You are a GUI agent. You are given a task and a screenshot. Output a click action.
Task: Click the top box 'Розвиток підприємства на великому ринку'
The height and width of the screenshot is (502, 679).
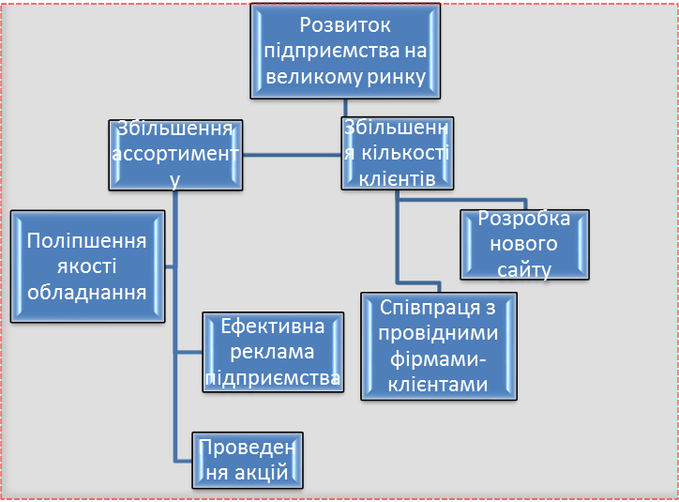(x=346, y=52)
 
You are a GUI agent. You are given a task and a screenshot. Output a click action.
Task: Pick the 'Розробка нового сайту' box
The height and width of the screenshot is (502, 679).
(x=524, y=244)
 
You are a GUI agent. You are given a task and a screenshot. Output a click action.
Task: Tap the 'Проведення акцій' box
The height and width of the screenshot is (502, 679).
(x=249, y=459)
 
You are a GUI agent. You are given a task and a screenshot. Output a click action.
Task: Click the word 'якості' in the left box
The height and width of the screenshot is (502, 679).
(x=87, y=266)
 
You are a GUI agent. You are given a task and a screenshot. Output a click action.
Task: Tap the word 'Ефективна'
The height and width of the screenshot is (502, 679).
(x=273, y=327)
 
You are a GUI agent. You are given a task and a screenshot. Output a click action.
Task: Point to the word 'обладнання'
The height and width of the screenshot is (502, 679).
(x=87, y=291)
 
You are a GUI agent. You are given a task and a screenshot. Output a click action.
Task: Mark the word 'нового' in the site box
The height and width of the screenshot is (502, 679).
(x=524, y=244)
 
